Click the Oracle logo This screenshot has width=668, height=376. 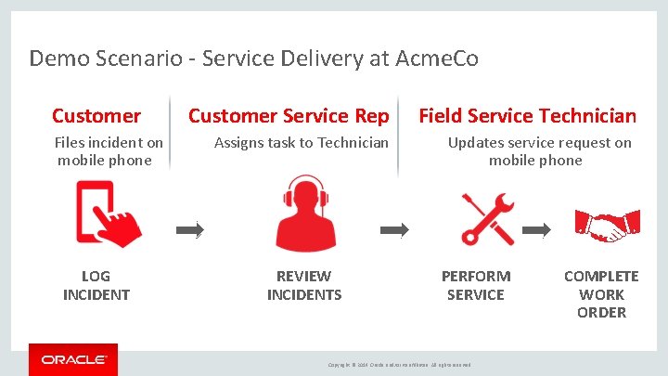pyautogui.click(x=73, y=359)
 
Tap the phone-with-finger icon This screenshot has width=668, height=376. pyautogui.click(x=108, y=214)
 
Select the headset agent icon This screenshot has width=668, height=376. pyautogui.click(x=303, y=214)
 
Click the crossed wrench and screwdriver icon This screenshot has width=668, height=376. pyautogui.click(x=488, y=217)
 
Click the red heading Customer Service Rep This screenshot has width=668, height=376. pyautogui.click(x=289, y=116)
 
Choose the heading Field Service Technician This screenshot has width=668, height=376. pyautogui.click(x=527, y=116)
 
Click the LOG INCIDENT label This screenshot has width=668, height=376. pyautogui.click(x=96, y=285)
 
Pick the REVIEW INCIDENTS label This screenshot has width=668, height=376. pyautogui.click(x=304, y=285)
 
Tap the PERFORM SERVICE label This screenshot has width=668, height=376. pyautogui.click(x=476, y=285)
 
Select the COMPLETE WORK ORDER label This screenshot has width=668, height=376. pyautogui.click(x=601, y=294)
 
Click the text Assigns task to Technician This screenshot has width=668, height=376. pyautogui.click(x=302, y=143)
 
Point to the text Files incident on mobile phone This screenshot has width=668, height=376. pyautogui.click(x=108, y=151)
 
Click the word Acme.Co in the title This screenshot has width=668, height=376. pyautogui.click(x=436, y=59)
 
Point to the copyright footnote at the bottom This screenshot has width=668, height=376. pyautogui.click(x=400, y=364)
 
